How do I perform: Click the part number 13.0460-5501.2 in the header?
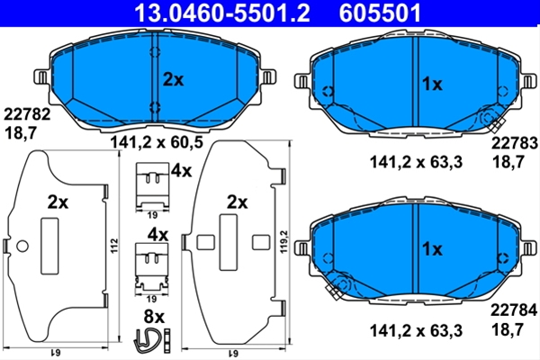point(222,13)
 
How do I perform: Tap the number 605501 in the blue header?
point(380,13)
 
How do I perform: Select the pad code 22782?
point(27,114)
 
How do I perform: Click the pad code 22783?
point(514,143)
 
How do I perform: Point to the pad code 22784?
point(514,310)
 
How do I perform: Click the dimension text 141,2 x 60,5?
point(157,142)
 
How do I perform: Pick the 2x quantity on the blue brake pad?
point(173,80)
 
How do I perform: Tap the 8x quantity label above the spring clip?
point(154,316)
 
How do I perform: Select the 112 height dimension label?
point(114,246)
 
